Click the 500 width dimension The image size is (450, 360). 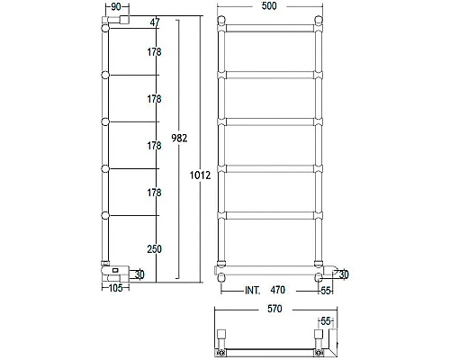click(269, 6)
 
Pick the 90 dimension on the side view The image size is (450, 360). click(114, 6)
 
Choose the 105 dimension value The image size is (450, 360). click(114, 288)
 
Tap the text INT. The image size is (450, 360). click(255, 291)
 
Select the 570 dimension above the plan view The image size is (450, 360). click(269, 309)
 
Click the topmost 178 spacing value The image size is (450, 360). click(155, 53)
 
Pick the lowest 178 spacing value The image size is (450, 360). click(155, 191)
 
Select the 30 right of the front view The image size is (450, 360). click(345, 274)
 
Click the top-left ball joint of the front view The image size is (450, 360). click(221, 22)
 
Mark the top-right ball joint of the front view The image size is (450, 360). click(318, 22)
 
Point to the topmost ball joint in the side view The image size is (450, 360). click(106, 29)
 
